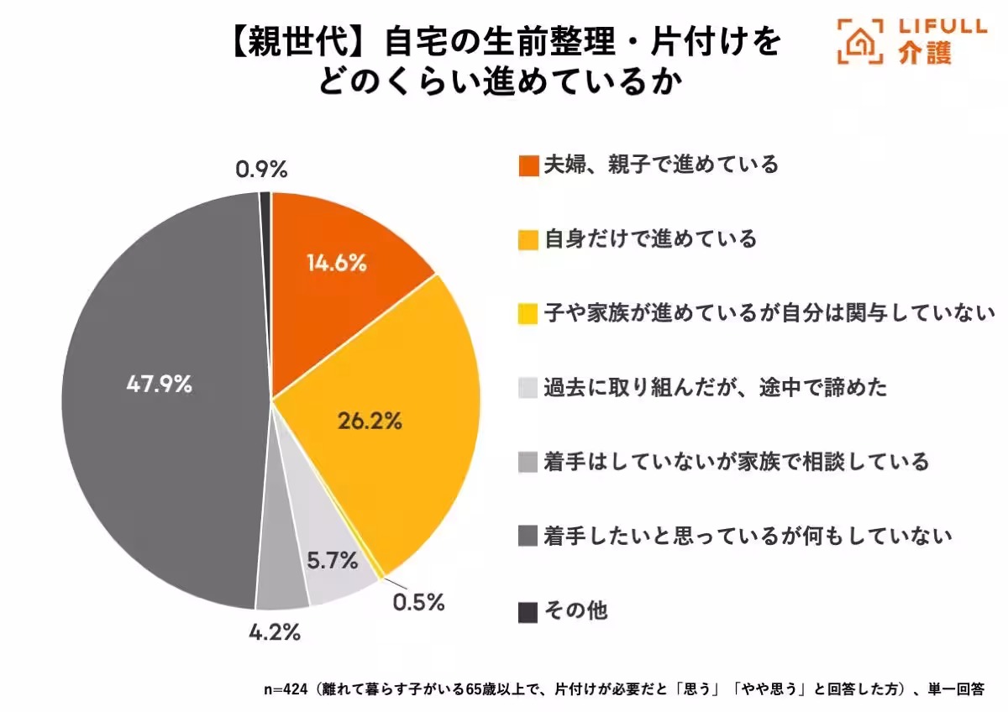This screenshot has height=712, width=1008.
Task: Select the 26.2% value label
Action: coord(370,421)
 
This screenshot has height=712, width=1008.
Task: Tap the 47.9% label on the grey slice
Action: coord(160,385)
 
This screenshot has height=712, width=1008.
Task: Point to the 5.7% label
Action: coord(332,559)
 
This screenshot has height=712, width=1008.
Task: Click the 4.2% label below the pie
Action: coord(273,631)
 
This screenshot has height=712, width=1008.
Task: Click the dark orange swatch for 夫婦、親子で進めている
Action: coord(528,165)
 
